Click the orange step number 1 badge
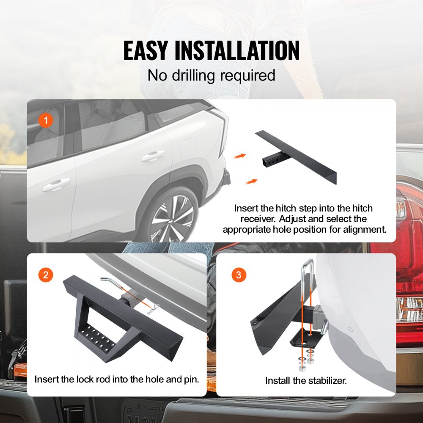(x=45, y=121)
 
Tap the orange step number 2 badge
(x=45, y=275)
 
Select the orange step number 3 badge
(x=239, y=275)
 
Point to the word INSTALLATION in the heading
(x=237, y=51)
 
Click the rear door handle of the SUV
(x=153, y=157)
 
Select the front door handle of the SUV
(x=56, y=184)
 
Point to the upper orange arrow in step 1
(x=240, y=156)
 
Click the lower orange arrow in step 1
(x=252, y=181)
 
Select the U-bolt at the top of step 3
(x=308, y=275)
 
